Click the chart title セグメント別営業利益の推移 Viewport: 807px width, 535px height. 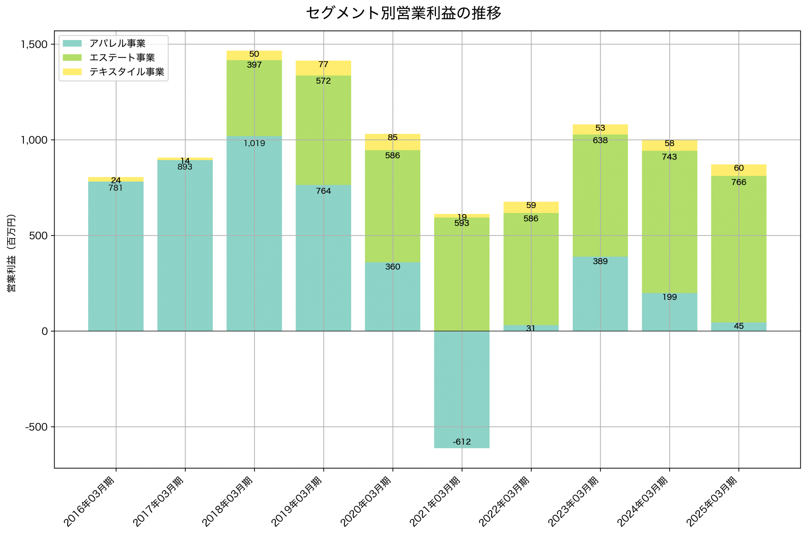pos(403,13)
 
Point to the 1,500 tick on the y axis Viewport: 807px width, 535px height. pos(34,44)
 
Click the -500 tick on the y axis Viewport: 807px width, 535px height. pos(36,427)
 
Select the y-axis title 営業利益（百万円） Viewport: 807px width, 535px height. pos(11,253)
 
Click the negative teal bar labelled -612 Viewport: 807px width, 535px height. pos(462,389)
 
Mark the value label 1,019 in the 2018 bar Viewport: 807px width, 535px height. pos(254,143)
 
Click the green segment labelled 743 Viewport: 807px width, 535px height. pos(669,222)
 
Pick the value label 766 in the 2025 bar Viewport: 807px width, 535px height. pos(739,182)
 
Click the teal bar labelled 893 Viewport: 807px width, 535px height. pos(185,246)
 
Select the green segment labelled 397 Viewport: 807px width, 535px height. pos(254,99)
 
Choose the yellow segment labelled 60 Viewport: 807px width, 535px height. pos(739,170)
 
